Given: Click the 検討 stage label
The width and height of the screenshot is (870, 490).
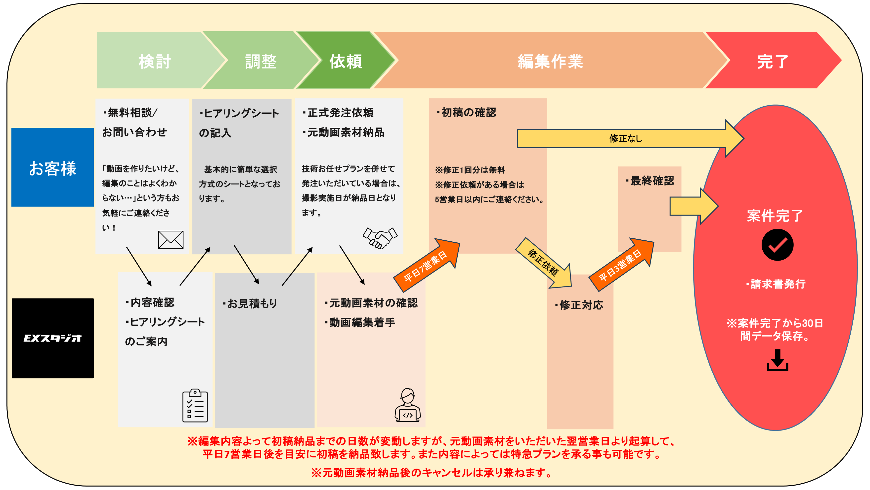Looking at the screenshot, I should click(x=155, y=61).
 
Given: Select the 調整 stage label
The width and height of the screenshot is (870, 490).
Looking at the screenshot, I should click(x=261, y=61).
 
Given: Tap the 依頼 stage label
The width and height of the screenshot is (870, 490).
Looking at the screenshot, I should click(x=346, y=61).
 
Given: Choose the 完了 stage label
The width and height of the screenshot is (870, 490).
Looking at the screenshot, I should click(x=773, y=61).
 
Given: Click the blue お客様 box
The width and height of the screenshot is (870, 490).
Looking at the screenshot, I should click(x=53, y=167).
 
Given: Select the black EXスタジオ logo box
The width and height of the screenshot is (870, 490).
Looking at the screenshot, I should click(x=53, y=338).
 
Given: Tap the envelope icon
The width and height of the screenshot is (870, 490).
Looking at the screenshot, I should click(x=171, y=240).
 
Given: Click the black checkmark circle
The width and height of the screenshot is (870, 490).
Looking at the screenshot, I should click(x=777, y=245).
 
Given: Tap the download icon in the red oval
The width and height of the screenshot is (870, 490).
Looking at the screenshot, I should click(x=777, y=361).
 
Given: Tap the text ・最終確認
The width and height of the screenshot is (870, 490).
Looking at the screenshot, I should click(x=650, y=181).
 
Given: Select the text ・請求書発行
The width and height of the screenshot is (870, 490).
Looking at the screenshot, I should click(x=776, y=284).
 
